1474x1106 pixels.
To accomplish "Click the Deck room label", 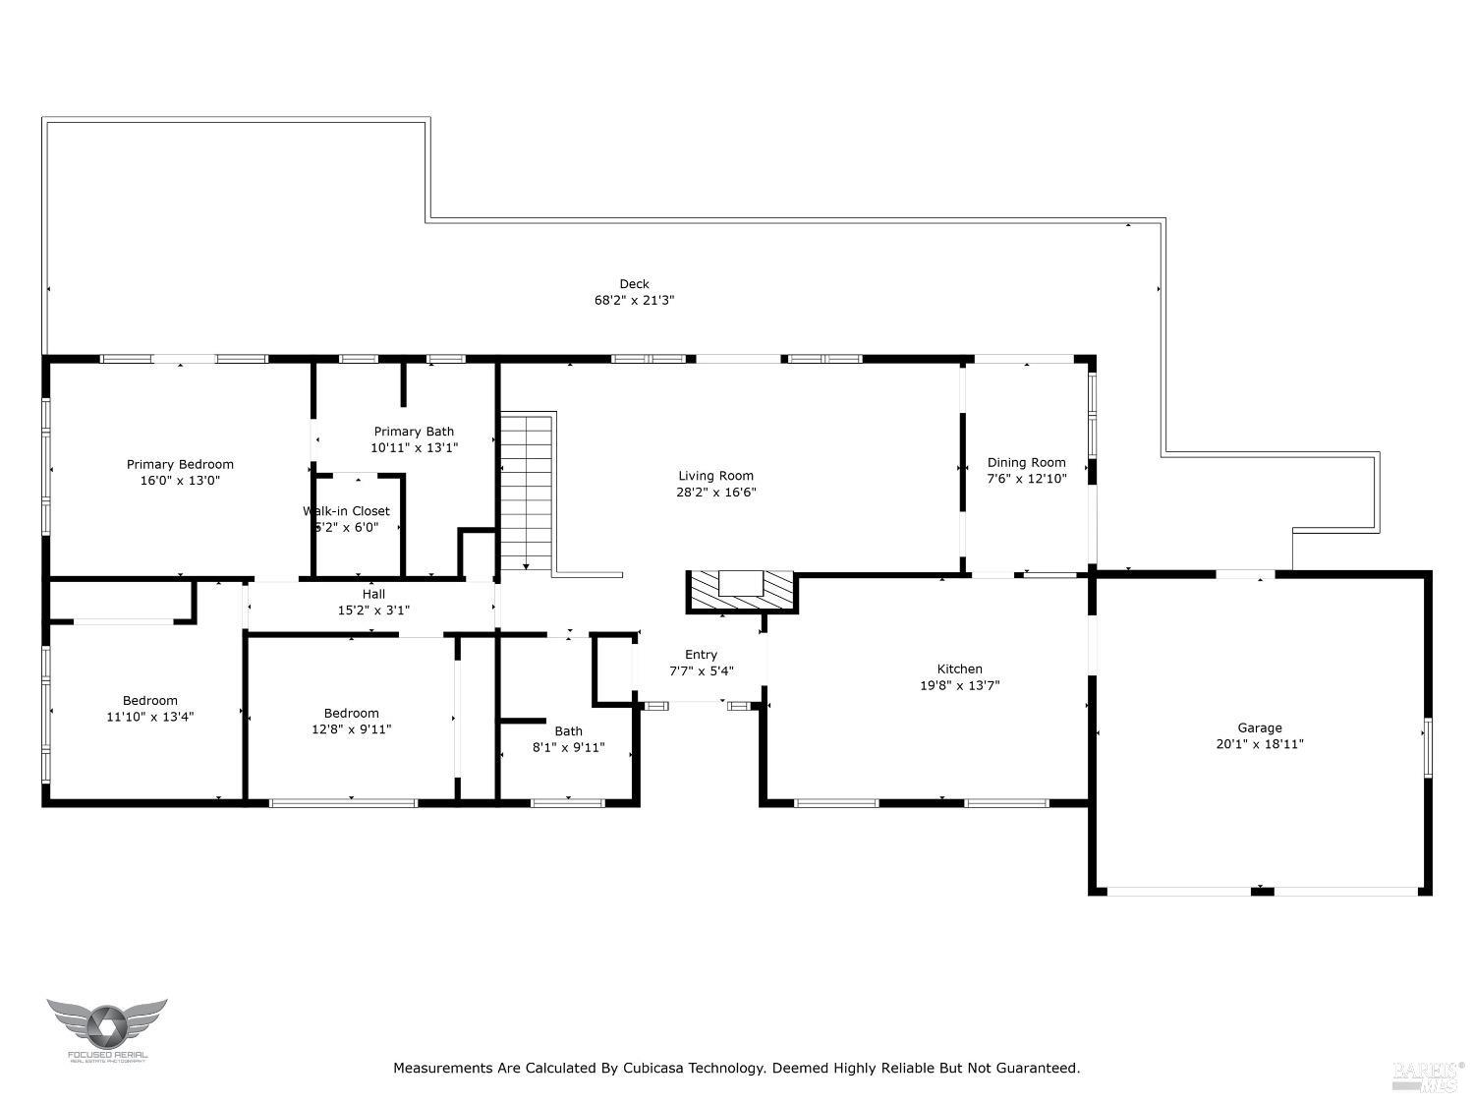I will tap(634, 284).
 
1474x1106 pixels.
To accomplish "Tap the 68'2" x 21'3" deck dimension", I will tap(634, 301).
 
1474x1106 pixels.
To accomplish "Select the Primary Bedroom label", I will tap(180, 464).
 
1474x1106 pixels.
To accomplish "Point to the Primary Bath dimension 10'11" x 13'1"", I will tap(414, 447).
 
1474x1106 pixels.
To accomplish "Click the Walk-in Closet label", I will tap(346, 511).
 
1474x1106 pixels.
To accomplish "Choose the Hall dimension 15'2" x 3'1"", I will tap(373, 611).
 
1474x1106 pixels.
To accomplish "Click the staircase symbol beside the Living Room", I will tap(527, 492).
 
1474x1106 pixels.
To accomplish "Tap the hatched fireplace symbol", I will tap(740, 591).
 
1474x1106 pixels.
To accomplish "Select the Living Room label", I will tap(715, 476).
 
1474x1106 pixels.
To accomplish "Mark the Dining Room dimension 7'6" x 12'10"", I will tap(1027, 479).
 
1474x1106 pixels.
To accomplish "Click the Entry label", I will tap(701, 655).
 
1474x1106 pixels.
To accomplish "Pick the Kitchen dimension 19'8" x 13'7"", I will tap(959, 685).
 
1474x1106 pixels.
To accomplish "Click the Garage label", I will tap(1259, 728).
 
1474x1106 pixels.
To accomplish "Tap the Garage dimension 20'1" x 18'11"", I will tap(1259, 744).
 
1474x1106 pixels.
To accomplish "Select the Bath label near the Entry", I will tap(568, 730).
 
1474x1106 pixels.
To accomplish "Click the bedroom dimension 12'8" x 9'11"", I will tap(351, 729).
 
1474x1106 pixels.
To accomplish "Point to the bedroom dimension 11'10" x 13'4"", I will tap(149, 717).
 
